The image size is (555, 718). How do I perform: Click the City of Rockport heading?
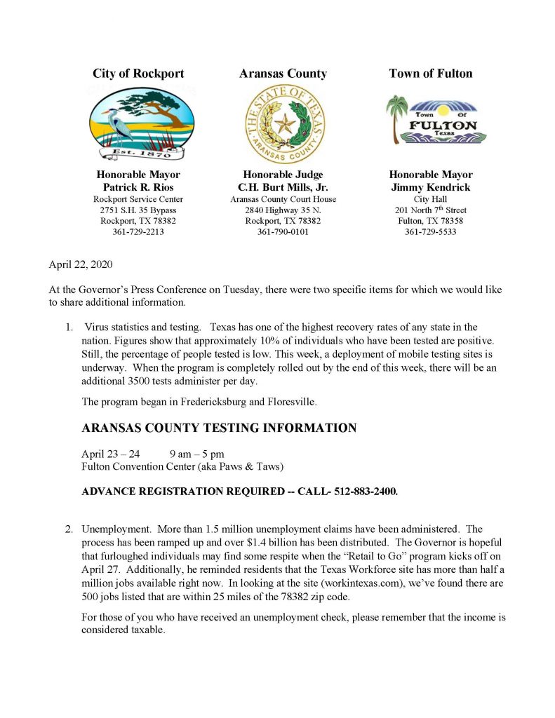point(138,74)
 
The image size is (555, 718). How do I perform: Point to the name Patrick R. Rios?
point(138,187)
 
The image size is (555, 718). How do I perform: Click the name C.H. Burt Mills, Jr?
point(283,187)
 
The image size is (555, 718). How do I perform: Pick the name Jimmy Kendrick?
point(431,187)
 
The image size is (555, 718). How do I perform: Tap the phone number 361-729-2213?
point(138,232)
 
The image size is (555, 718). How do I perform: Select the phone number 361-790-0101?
point(283,232)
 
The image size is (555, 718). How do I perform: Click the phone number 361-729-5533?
point(431,232)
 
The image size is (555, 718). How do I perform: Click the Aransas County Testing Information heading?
point(219,428)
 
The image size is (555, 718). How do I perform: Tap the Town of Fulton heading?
point(431,74)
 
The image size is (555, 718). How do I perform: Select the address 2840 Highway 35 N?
point(283,210)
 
